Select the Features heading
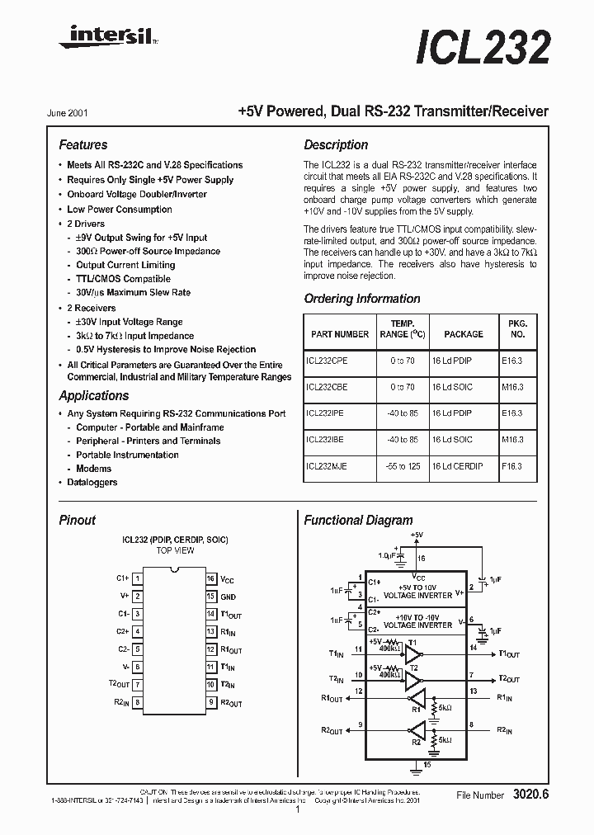click(83, 144)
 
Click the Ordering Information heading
click(362, 299)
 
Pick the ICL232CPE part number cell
click(327, 361)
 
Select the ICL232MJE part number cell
click(327, 466)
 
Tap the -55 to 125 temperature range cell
click(403, 466)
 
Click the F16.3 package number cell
click(511, 466)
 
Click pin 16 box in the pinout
click(211, 579)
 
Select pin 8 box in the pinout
click(137, 703)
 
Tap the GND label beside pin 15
click(229, 597)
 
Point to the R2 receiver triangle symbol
click(418, 729)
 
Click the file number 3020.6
click(530, 795)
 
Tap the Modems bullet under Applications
click(93, 469)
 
